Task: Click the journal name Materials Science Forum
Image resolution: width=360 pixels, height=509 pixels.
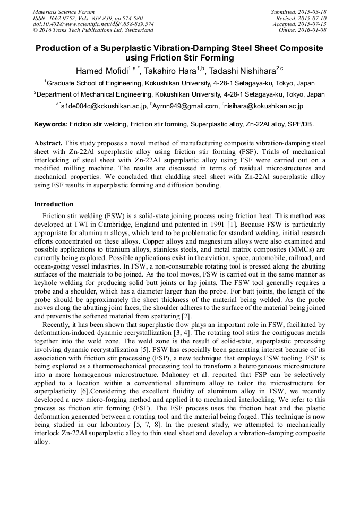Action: [x=63, y=12]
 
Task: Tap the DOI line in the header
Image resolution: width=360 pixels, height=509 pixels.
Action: [x=93, y=24]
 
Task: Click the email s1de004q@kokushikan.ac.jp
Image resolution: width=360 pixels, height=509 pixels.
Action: [x=104, y=106]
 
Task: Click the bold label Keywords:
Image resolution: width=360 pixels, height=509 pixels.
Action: [x=51, y=124]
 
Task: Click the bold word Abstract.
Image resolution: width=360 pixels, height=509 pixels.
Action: [x=48, y=143]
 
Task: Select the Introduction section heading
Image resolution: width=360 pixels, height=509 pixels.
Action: [x=54, y=204]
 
